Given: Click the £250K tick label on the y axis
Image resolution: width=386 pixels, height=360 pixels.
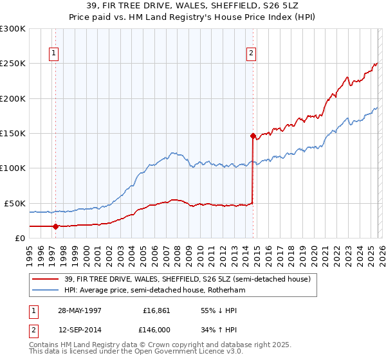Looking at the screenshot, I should point(13,64).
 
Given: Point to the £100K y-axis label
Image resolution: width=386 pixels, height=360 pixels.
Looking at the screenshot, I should point(13,168).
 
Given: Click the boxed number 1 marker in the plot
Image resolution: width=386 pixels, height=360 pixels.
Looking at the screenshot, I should point(53,54).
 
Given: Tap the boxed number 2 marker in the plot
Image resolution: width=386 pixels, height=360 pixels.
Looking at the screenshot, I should point(251,54).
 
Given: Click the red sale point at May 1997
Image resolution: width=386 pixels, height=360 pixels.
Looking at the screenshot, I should point(56,226).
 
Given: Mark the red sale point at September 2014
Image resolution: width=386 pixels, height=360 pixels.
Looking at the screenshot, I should point(253,136).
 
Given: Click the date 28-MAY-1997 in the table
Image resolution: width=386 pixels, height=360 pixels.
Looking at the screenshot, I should point(79,310).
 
